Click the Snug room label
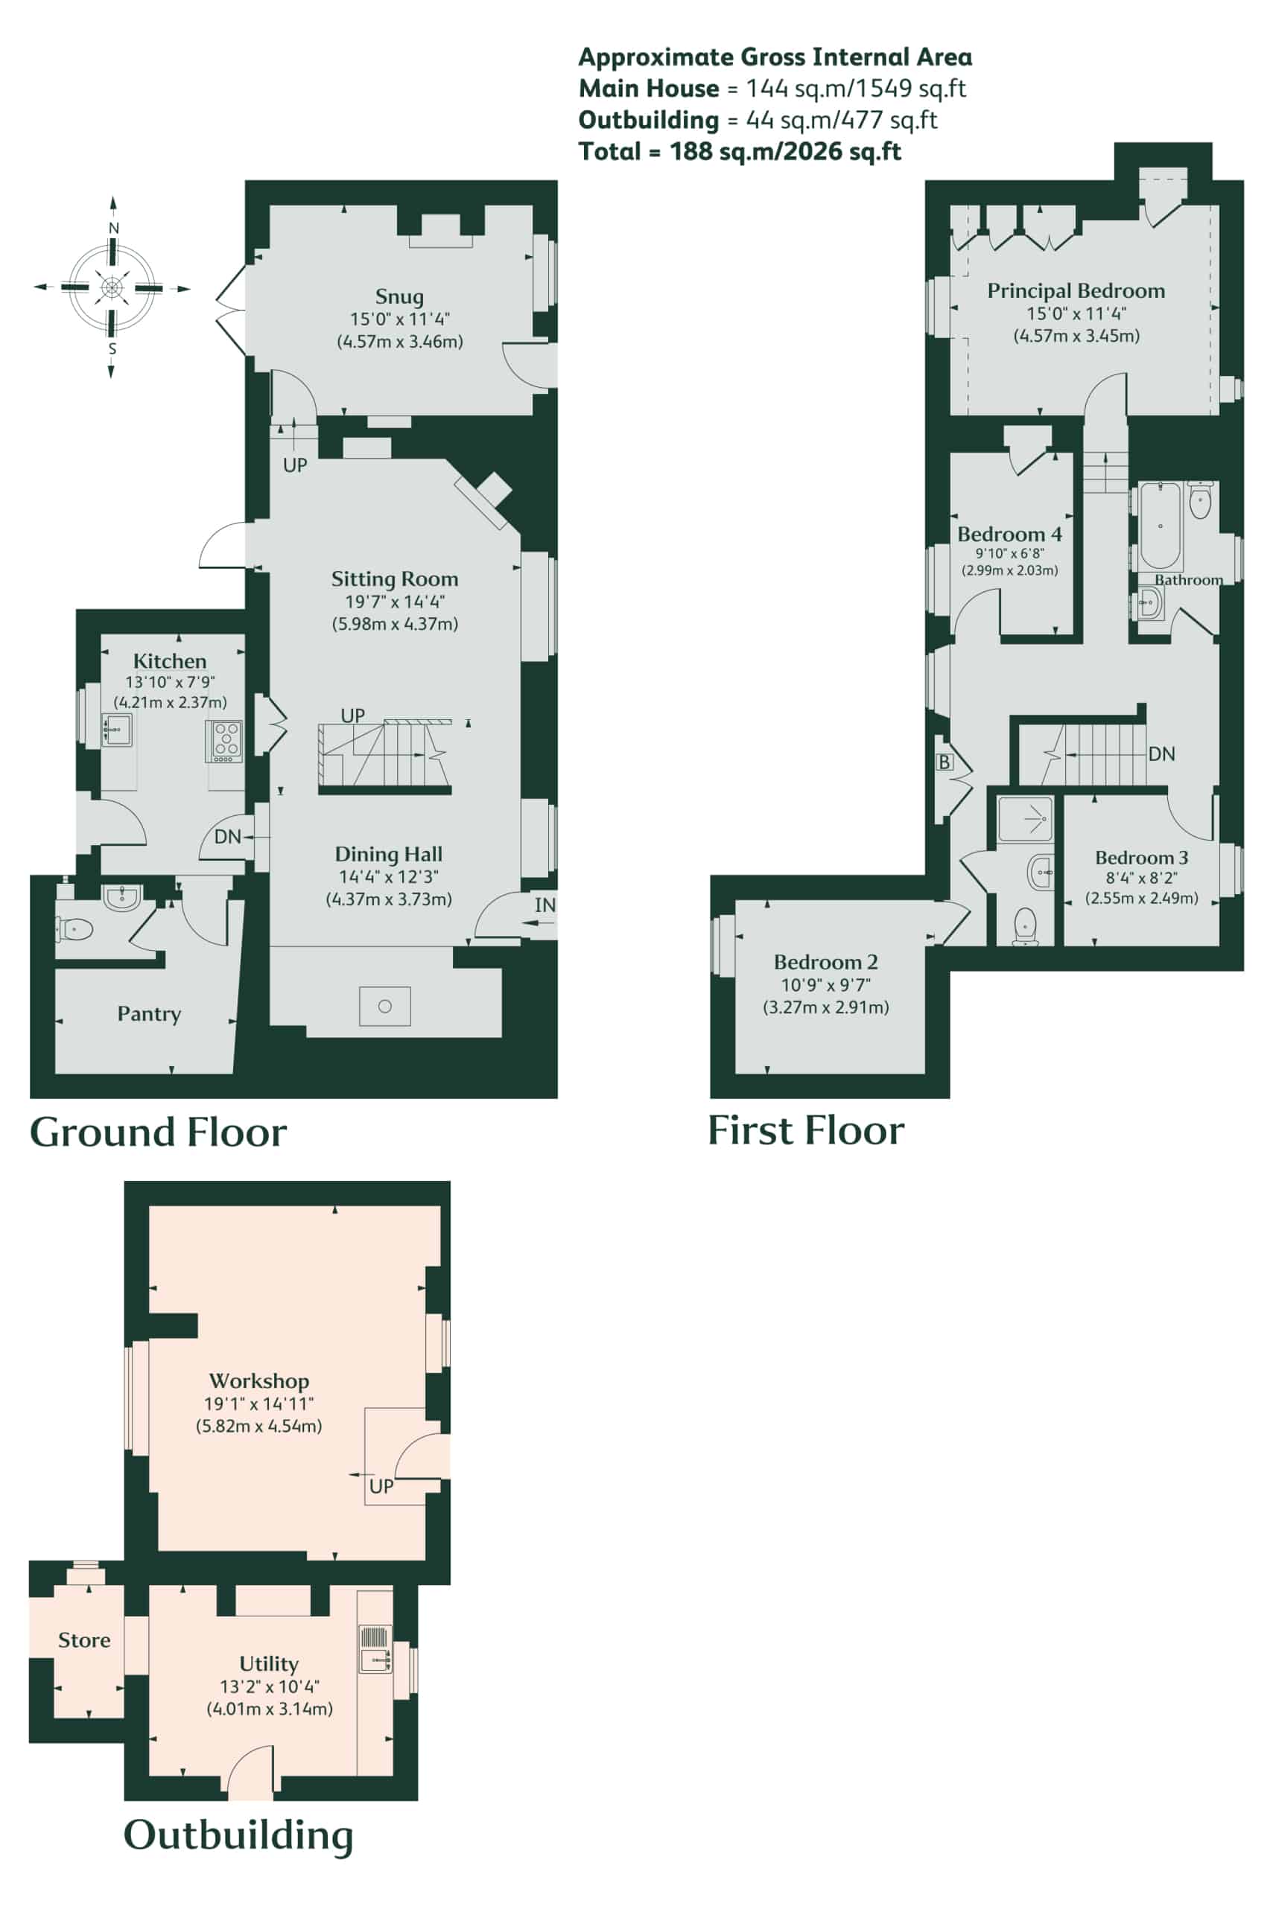[399, 297]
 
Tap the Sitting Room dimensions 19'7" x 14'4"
[395, 602]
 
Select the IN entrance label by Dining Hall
[545, 905]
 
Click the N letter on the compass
[114, 228]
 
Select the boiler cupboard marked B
[945, 762]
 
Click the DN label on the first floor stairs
[1162, 753]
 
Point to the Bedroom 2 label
[825, 963]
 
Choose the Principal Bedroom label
[1076, 290]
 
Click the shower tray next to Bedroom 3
[1026, 820]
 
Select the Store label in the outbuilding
[84, 1640]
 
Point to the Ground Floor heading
[159, 1132]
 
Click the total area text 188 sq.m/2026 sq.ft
[785, 152]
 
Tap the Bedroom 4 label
[1009, 535]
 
